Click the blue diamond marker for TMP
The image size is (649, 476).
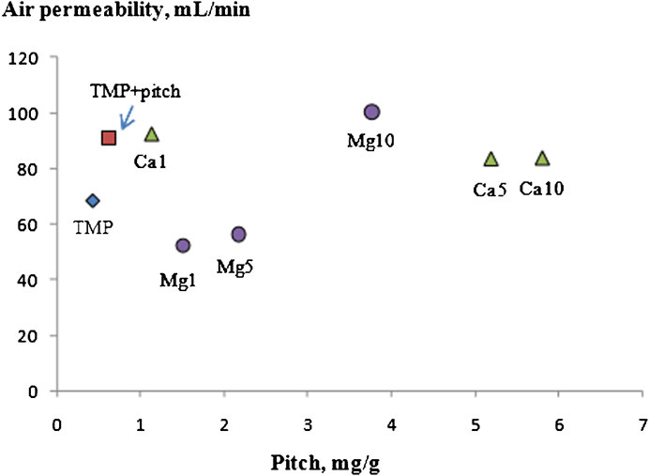click(92, 200)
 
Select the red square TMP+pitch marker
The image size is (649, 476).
click(109, 138)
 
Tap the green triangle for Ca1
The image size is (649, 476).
click(153, 135)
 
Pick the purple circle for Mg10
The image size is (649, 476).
click(371, 112)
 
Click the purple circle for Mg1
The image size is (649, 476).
click(183, 245)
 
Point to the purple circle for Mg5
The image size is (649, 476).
click(238, 234)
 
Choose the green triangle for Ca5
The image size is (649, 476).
click(491, 159)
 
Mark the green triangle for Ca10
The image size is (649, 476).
click(542, 159)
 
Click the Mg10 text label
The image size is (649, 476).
click(371, 142)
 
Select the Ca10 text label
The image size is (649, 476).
click(541, 189)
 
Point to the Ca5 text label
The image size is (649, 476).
click(490, 189)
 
